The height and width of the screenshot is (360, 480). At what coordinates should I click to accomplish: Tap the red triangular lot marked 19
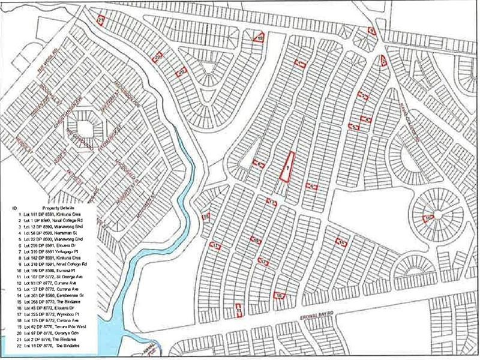(259, 38)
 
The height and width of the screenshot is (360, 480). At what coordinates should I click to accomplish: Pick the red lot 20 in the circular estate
(428, 218)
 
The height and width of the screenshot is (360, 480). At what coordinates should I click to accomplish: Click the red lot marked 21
(101, 20)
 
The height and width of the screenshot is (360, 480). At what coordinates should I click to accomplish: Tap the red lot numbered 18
(256, 241)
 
